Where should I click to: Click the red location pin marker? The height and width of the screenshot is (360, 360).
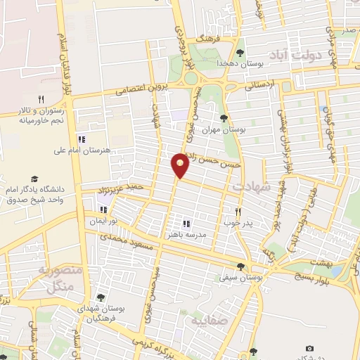point(181,165)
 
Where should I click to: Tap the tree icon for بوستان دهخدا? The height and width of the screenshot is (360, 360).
point(240,52)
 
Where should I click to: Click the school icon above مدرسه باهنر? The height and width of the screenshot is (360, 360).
point(186,223)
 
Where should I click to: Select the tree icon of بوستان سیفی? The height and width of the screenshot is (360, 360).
point(241,266)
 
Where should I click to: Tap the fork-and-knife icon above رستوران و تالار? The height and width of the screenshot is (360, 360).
point(41,99)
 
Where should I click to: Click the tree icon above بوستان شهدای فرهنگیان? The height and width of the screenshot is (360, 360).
point(101,297)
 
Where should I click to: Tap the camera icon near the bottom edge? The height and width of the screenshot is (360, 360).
point(310,349)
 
